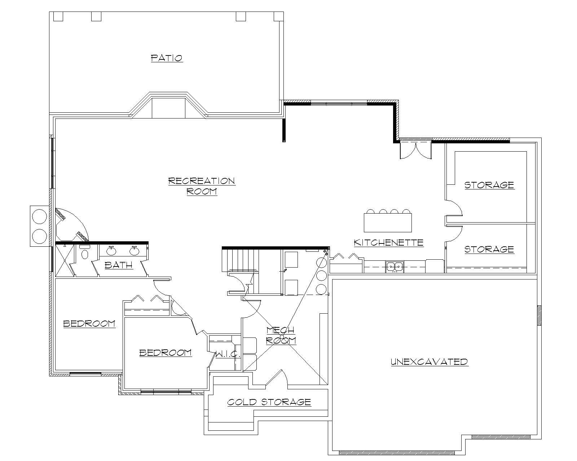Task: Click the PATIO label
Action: (x=167, y=58)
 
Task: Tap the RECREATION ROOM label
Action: (x=202, y=186)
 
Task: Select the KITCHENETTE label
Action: (x=388, y=243)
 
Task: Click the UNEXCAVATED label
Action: (x=429, y=362)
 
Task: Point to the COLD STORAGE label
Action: (x=269, y=402)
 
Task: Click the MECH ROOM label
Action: (x=281, y=335)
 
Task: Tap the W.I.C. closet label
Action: (x=228, y=354)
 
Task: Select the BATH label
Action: (x=119, y=265)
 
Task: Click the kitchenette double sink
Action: (x=395, y=267)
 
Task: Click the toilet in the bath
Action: (x=85, y=254)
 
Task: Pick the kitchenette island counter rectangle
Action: (x=388, y=223)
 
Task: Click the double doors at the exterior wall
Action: (x=415, y=149)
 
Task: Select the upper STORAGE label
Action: (x=489, y=185)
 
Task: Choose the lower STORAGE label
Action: (x=489, y=249)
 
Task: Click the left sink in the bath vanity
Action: (x=111, y=251)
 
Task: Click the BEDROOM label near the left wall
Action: (x=89, y=323)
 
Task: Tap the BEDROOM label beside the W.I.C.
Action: (x=165, y=353)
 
